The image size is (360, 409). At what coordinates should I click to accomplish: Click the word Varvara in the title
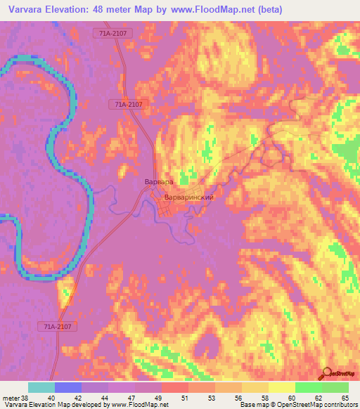point(28,9)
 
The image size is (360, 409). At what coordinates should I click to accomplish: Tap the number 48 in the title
point(104,9)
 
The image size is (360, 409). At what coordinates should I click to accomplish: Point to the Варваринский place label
point(188,197)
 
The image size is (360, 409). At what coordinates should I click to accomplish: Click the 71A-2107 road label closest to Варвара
point(129,104)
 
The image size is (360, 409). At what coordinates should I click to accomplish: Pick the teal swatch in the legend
point(41,387)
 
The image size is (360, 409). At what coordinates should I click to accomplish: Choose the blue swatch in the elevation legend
point(68,387)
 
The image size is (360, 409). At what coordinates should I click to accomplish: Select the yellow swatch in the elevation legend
point(281,387)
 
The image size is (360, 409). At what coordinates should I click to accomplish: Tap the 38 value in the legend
point(25,398)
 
